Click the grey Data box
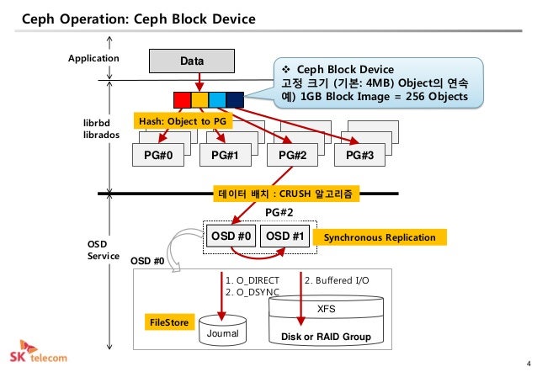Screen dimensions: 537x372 (192, 61)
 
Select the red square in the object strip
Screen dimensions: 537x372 (182, 100)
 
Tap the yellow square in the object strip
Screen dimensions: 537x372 (199, 100)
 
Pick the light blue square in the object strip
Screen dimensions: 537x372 (217, 100)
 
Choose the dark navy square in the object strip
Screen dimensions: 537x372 (235, 100)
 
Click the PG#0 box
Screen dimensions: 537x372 (158, 155)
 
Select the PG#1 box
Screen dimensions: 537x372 (226, 155)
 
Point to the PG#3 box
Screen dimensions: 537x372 (359, 155)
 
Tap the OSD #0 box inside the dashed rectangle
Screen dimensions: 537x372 (231, 236)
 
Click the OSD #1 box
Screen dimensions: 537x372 (285, 236)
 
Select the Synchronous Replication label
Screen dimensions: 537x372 (380, 237)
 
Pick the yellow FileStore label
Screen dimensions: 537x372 (169, 322)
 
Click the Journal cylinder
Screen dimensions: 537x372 (222, 330)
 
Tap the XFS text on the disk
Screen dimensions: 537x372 (326, 309)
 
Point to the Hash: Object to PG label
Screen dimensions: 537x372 (183, 121)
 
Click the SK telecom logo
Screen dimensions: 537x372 (38, 352)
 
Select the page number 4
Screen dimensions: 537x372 (529, 364)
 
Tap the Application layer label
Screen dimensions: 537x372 (93, 58)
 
